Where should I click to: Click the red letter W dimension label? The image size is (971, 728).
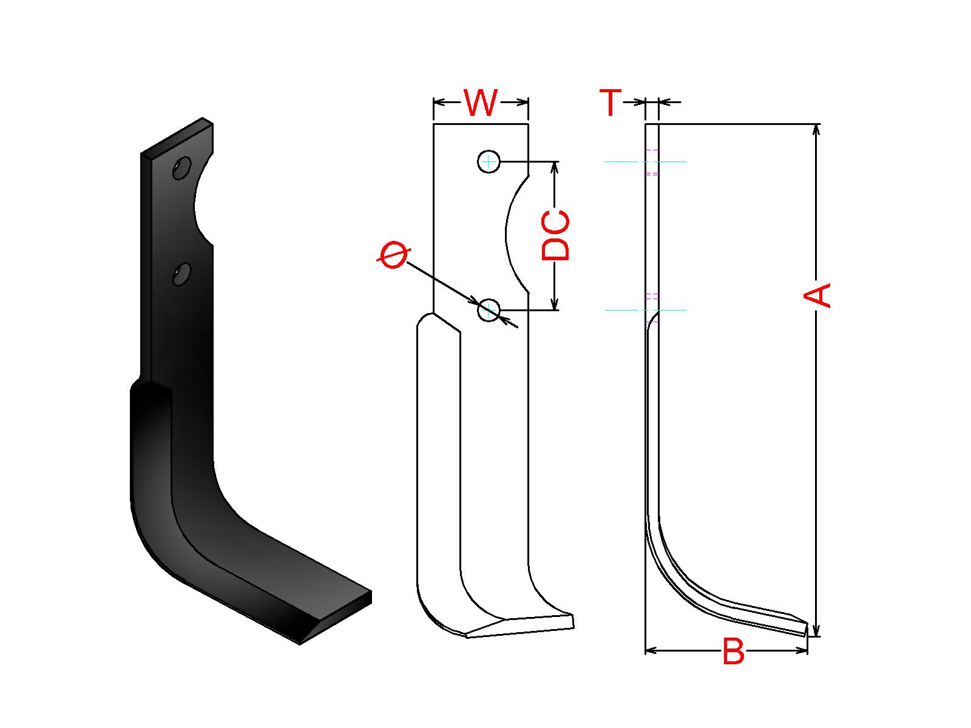(x=481, y=103)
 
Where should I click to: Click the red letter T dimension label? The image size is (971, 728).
(x=611, y=102)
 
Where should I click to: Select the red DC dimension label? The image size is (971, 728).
(x=556, y=235)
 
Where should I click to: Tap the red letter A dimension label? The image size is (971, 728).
(x=817, y=295)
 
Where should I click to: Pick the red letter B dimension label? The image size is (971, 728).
(x=734, y=651)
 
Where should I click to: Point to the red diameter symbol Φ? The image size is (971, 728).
(x=393, y=255)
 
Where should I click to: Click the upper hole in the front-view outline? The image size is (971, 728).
(x=489, y=162)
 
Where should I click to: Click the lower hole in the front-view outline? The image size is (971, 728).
(x=489, y=310)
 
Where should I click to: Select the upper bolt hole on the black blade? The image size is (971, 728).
(x=182, y=168)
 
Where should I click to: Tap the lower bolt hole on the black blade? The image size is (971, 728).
(x=182, y=274)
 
